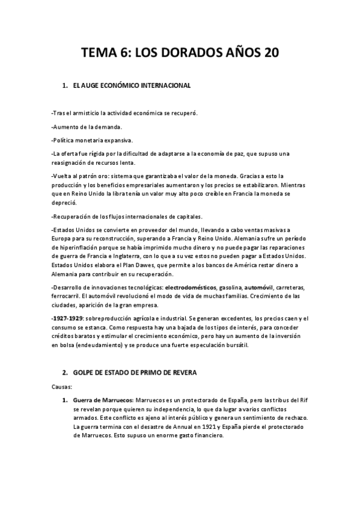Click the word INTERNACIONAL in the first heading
162,86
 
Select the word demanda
108,126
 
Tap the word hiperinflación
78,248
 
